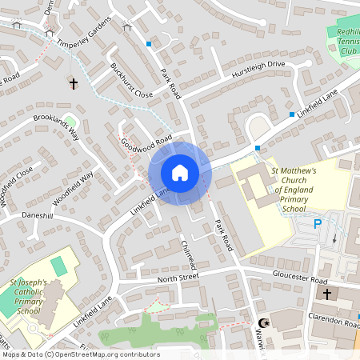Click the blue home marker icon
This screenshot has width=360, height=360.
click(180, 173)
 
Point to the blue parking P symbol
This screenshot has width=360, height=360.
click(318, 224)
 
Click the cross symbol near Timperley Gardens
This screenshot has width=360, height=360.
click(73, 83)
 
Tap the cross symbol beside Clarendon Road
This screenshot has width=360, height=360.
click(326, 294)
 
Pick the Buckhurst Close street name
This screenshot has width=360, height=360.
click(131, 80)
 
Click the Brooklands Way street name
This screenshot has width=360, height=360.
click(56, 126)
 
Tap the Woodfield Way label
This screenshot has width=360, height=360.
click(74, 188)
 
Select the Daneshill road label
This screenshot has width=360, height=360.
click(37, 216)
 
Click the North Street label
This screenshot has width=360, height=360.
click(178, 278)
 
